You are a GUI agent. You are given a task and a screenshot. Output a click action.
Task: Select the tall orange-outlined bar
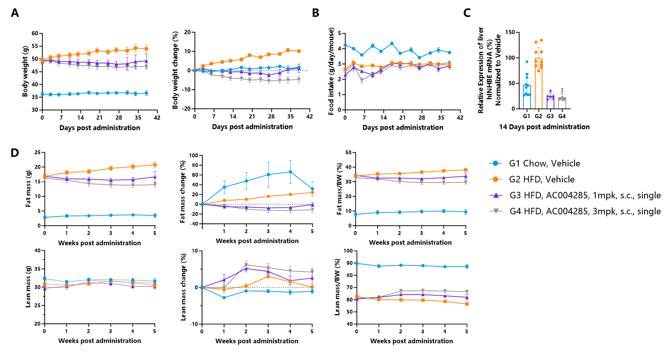[x=539, y=84]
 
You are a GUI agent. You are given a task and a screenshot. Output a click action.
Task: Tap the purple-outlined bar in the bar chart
[x=550, y=103]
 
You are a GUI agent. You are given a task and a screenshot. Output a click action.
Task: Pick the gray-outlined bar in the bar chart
[x=562, y=103]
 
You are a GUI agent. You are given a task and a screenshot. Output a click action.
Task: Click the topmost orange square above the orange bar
[x=541, y=40]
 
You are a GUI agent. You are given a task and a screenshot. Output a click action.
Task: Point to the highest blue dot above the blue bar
[x=527, y=62]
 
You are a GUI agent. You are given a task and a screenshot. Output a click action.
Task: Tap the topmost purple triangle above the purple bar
[x=550, y=91]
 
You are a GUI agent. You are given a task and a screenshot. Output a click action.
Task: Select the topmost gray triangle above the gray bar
[x=562, y=90]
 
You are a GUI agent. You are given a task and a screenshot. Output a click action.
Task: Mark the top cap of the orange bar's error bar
[x=539, y=47]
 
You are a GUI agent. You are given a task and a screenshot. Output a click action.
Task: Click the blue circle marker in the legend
[x=495, y=163]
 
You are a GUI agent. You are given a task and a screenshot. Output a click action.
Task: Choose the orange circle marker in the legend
[x=495, y=179]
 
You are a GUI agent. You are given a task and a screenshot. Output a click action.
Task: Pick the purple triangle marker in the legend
[x=496, y=195]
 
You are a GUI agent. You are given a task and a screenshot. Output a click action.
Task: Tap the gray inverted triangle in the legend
[x=496, y=211]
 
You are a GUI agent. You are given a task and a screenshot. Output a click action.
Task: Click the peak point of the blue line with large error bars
[x=290, y=172]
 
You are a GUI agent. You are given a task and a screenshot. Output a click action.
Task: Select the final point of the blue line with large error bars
[x=312, y=189]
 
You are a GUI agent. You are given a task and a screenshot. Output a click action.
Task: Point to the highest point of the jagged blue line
[x=392, y=44]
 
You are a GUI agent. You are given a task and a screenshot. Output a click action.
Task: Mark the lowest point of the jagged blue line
[x=419, y=58]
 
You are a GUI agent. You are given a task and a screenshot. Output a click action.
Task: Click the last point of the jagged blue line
[x=450, y=52]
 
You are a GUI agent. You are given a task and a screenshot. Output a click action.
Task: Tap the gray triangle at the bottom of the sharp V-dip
[x=362, y=81]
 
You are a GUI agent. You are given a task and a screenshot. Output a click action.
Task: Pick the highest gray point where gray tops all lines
[x=246, y=264]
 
